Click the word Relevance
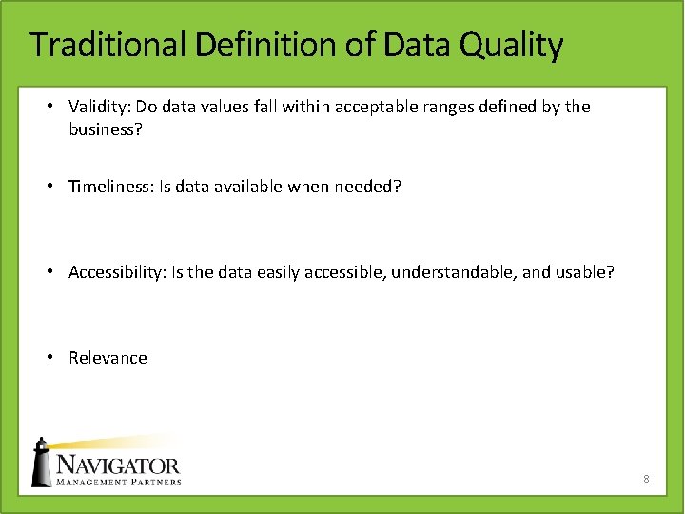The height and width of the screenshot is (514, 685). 108,358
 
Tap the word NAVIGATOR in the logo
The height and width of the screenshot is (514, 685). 118,465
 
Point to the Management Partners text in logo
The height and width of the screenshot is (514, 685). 118,482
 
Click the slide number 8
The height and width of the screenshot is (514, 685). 646,479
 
